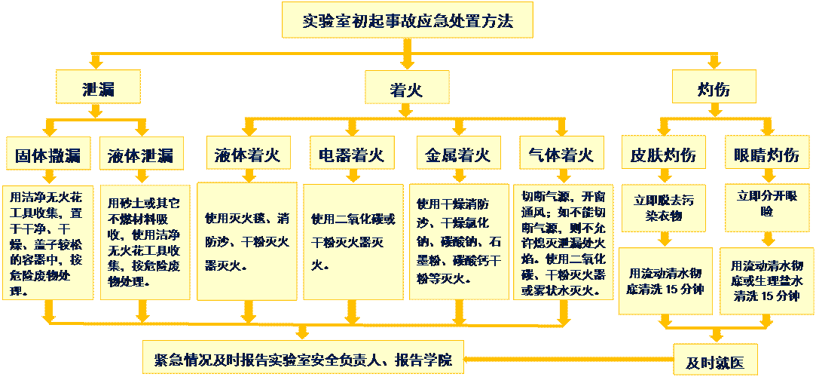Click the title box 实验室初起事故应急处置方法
tap(408, 20)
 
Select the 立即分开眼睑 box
tap(766, 204)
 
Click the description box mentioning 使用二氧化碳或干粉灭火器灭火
tap(351, 241)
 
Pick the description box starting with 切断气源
tap(562, 241)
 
